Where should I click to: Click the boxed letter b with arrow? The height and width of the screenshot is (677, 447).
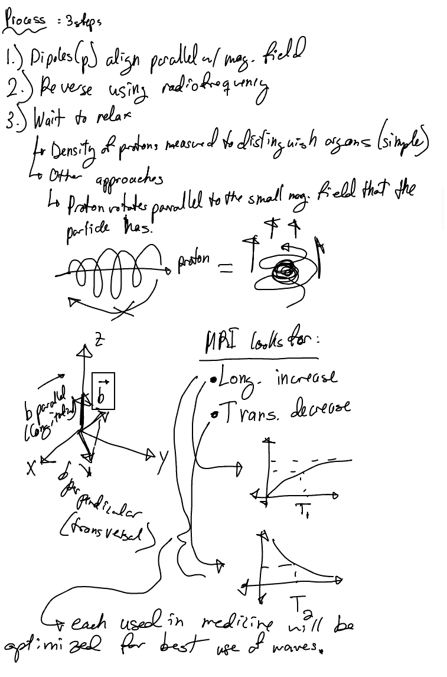(103, 390)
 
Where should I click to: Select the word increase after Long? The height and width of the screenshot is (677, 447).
(306, 377)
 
